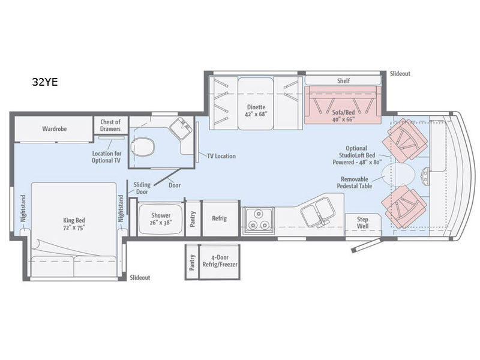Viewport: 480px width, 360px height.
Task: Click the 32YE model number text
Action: (x=45, y=83)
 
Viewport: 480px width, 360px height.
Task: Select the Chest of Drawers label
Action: (x=110, y=125)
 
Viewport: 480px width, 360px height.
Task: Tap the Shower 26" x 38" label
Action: (x=160, y=219)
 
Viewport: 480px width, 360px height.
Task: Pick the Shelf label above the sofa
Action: (x=343, y=81)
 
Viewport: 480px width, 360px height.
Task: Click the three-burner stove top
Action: (x=258, y=220)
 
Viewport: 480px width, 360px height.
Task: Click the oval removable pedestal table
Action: (x=398, y=175)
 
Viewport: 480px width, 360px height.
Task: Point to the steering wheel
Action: (x=425, y=173)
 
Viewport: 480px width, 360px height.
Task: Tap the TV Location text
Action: (x=220, y=156)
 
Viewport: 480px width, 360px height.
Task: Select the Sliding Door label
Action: (x=142, y=188)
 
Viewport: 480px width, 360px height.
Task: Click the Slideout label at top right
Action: (x=400, y=73)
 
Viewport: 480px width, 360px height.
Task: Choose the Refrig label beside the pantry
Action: (x=219, y=218)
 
